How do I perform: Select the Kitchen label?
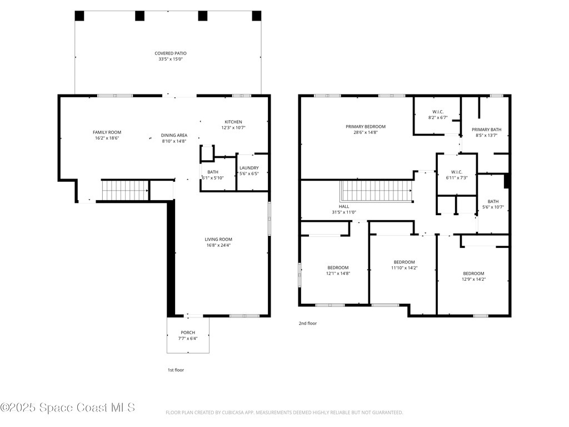(233, 122)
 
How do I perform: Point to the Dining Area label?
(174, 135)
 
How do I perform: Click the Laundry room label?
(248, 168)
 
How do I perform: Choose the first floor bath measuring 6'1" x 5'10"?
(212, 175)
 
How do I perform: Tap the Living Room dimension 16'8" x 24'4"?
(218, 245)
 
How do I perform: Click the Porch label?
(188, 332)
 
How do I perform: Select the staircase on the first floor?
(124, 190)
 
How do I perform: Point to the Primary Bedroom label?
(365, 127)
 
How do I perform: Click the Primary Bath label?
(486, 130)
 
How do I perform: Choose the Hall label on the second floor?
(344, 206)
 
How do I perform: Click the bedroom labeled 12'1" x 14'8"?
(337, 270)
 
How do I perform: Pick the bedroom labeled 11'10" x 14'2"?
(404, 265)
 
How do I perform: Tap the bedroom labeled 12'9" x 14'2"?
(473, 276)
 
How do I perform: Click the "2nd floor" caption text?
(307, 323)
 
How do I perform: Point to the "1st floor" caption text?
(176, 370)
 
